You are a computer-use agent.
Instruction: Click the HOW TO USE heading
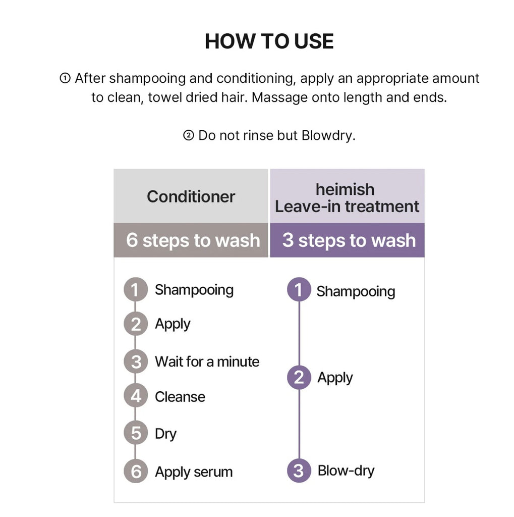coord(269,41)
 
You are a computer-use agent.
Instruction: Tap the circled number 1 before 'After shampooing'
coord(65,78)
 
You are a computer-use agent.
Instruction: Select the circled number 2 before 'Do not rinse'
coord(189,135)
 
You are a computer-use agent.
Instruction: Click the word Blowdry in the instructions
coord(328,135)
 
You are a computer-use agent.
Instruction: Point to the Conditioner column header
coord(191,197)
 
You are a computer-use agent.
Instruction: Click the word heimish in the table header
coord(345,190)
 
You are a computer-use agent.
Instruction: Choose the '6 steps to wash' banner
coord(191,240)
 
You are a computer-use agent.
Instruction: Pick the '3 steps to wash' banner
coord(347,240)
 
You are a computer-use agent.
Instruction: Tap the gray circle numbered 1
coord(135,289)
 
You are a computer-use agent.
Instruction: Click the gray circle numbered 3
coord(135,361)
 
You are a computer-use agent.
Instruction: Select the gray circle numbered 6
coord(135,471)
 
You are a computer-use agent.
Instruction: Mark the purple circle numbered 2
coord(299,378)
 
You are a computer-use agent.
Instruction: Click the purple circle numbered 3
coord(299,471)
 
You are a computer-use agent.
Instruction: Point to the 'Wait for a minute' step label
coord(207,361)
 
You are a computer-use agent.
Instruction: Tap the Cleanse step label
coord(180,397)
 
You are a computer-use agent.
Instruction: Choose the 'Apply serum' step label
coord(194,472)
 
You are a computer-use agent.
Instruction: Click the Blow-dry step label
coord(346,471)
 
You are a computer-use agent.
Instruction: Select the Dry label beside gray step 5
coord(166,434)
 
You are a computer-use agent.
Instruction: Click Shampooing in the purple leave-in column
coord(356,292)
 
